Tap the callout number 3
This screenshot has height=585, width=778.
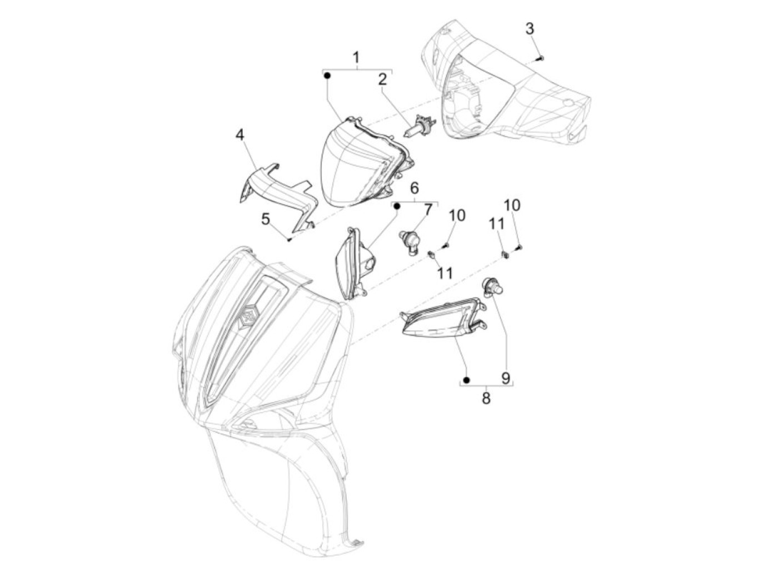tap(529, 29)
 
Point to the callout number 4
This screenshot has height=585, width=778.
tap(240, 135)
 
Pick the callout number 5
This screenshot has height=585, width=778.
tap(266, 220)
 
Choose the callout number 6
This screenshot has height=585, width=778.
tap(415, 189)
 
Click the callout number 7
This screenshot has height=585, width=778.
tap(428, 210)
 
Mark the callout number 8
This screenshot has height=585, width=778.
tap(486, 398)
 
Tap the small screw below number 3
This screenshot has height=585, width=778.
tap(541, 58)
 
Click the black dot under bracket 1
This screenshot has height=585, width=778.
tap(327, 75)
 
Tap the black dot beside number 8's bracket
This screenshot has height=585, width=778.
tap(467, 380)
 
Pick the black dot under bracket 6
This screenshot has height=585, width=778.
tap(397, 206)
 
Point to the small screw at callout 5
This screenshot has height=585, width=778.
tap(289, 239)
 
